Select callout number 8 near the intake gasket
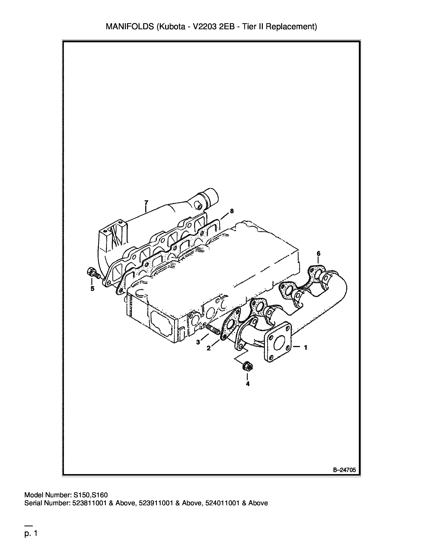232,211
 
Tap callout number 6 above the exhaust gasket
318,254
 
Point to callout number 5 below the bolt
92,289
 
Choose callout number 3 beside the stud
198,342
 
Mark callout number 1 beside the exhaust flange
306,347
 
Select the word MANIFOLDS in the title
130,27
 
